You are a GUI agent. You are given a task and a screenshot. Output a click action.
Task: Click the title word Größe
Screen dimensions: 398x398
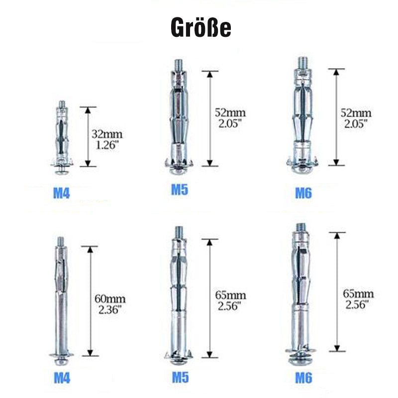pos(201,27)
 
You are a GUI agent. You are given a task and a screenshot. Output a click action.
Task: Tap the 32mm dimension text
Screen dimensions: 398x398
pos(107,134)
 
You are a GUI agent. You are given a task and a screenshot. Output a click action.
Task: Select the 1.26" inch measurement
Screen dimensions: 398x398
pos(107,145)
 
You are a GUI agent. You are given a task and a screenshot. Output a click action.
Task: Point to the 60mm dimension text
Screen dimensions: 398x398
pos(110,299)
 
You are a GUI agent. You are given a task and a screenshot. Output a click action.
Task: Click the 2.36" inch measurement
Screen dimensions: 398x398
pos(110,309)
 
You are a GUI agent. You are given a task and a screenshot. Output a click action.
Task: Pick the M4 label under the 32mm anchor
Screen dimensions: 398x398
pos(61,194)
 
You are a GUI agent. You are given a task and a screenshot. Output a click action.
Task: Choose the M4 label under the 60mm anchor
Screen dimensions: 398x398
pos(62,378)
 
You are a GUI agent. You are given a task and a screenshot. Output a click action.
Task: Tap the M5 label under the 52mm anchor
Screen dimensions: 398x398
pos(180,190)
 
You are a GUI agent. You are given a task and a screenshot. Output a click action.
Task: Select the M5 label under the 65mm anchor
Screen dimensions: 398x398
pos(180,378)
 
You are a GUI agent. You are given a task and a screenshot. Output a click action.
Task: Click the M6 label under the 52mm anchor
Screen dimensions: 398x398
pos(303,193)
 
